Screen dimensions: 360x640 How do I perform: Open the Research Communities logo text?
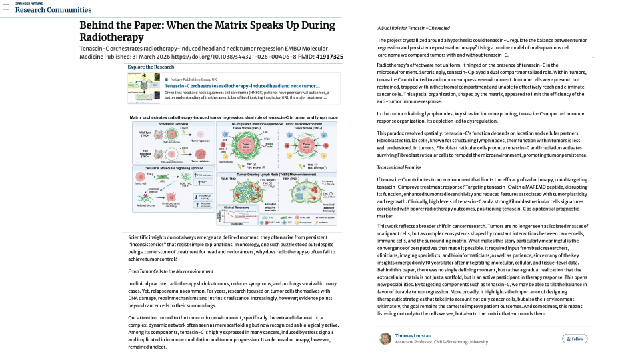coord(53,10)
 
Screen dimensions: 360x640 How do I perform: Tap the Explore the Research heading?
coord(152,67)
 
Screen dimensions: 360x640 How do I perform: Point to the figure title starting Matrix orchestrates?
coord(235,117)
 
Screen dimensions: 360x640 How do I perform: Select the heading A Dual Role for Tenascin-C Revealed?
coord(413,29)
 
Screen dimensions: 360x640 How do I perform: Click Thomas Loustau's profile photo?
coord(385,339)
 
